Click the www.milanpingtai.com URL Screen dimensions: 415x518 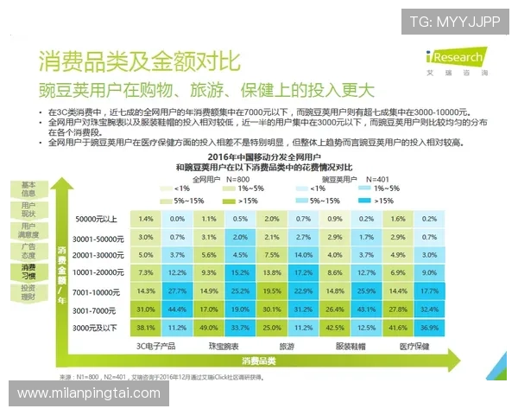point(89,394)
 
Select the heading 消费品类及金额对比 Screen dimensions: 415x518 point(138,61)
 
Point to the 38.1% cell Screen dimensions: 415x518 point(146,329)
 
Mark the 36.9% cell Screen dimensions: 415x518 point(427,329)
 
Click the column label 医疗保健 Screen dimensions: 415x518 point(412,345)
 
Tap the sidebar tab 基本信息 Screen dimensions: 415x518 point(28,189)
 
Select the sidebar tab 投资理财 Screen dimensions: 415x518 point(28,292)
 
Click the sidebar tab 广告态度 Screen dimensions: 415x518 point(28,251)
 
